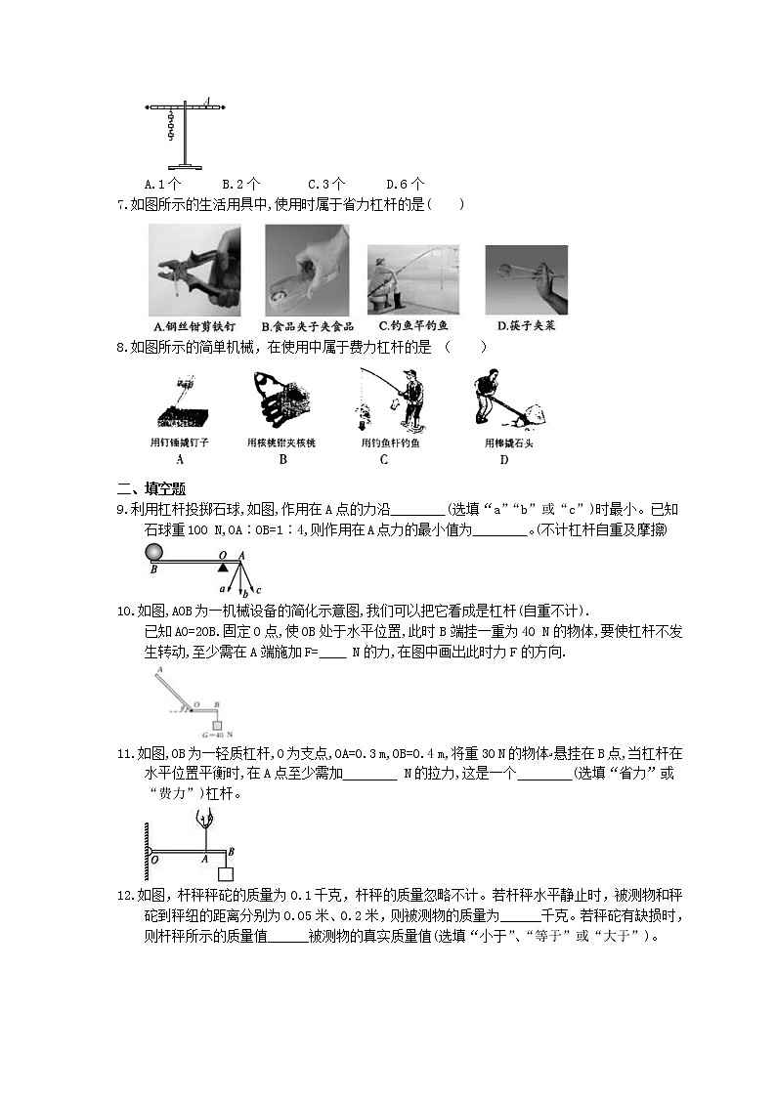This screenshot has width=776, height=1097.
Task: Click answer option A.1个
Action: click(x=161, y=183)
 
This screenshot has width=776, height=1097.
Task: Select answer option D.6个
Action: click(x=405, y=183)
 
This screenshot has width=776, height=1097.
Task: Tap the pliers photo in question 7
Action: click(x=195, y=270)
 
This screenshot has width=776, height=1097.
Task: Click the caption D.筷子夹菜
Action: click(x=526, y=326)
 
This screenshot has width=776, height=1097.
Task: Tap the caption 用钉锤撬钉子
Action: click(x=180, y=443)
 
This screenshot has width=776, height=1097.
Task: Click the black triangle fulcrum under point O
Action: click(x=224, y=567)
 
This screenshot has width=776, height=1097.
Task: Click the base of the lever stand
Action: click(x=184, y=166)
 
